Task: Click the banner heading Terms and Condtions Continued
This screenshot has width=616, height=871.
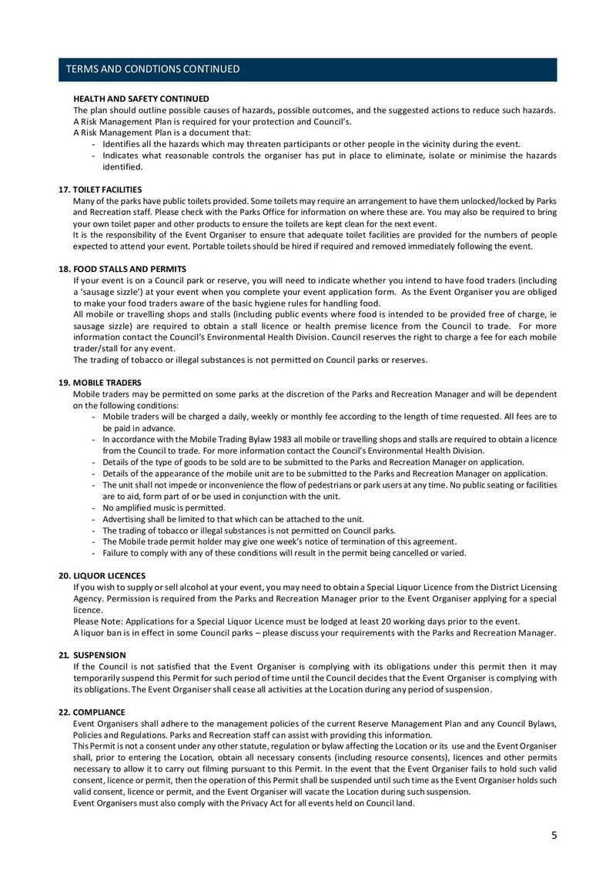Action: pos(152,69)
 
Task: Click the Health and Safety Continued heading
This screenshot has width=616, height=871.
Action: pos(141,99)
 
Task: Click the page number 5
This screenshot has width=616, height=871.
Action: pos(554,835)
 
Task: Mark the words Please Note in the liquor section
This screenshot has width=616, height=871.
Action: pos(95,621)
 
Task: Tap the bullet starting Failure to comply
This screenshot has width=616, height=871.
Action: pos(283,553)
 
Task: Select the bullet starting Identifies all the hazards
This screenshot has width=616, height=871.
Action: pos(311,144)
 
